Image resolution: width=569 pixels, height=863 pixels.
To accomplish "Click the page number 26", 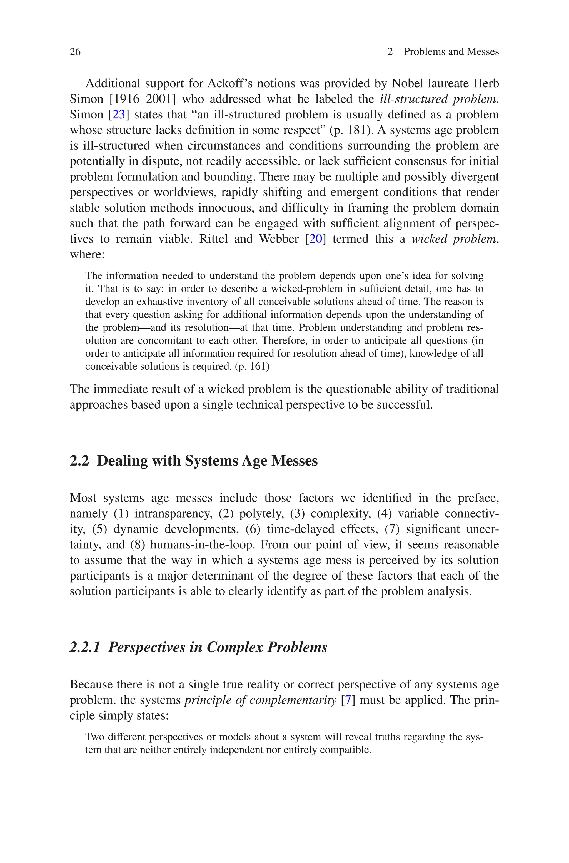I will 75,52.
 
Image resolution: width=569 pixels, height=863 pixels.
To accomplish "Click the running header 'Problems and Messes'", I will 451,52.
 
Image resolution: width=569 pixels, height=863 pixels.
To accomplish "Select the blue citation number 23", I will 119,115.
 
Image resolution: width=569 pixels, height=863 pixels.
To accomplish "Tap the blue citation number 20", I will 316,239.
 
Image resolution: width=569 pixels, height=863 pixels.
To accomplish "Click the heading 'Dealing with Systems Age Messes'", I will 207,461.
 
